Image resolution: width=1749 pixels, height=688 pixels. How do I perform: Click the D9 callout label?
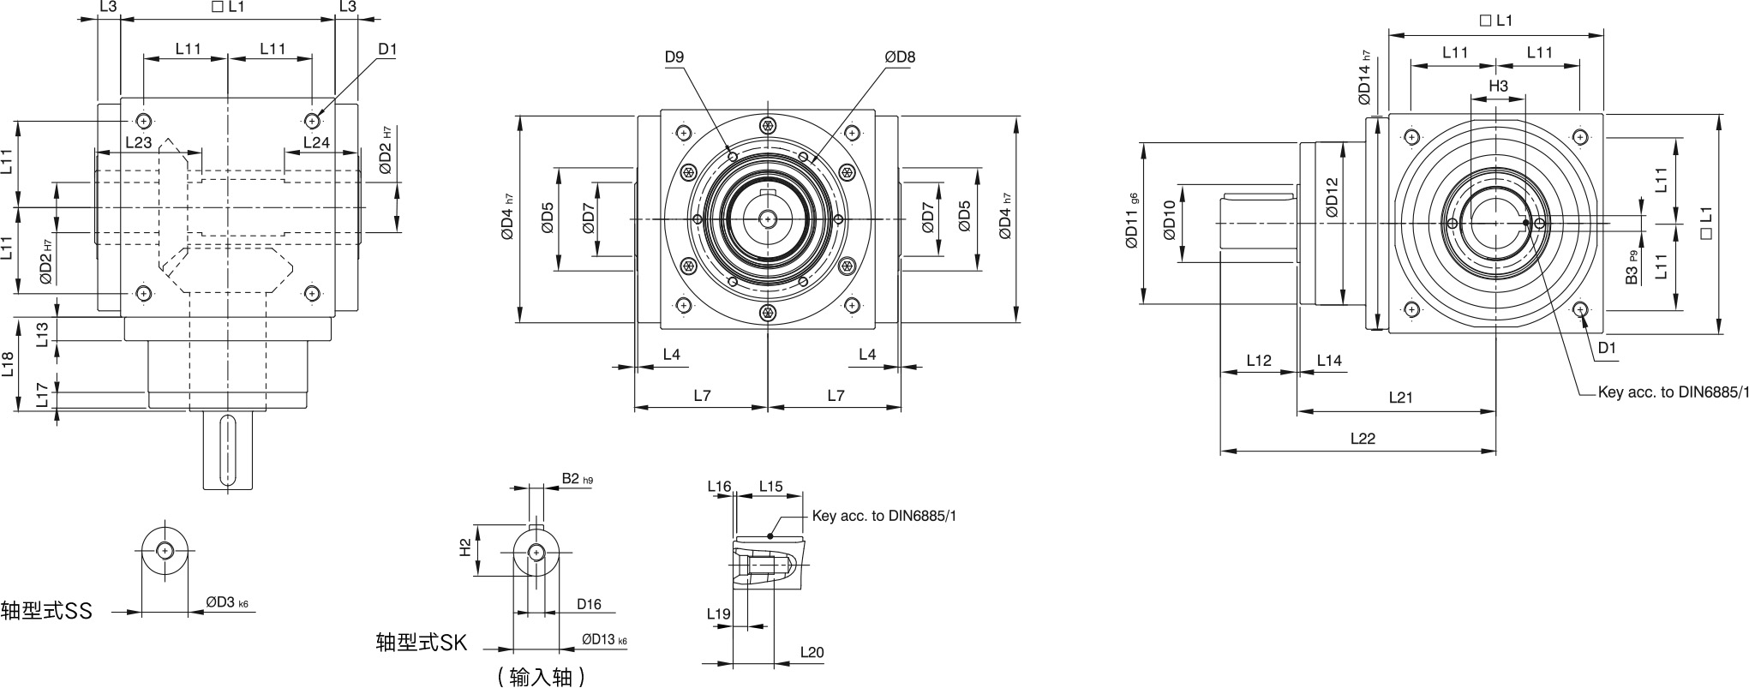click(x=674, y=57)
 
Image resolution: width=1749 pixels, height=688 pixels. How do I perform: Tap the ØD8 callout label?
click(x=900, y=57)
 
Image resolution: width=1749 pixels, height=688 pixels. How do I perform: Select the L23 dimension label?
click(x=138, y=142)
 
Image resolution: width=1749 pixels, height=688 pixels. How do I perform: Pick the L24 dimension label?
click(x=316, y=142)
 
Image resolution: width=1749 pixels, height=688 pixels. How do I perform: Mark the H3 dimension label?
click(x=1498, y=87)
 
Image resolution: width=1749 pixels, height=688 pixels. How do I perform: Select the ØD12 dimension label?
click(x=1330, y=197)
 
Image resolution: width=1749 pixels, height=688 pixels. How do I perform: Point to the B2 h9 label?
click(x=577, y=479)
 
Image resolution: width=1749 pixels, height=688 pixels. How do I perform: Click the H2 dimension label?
click(x=465, y=547)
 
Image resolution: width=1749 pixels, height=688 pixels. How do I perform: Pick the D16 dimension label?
click(x=589, y=605)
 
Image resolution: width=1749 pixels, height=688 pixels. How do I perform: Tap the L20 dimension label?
click(x=812, y=653)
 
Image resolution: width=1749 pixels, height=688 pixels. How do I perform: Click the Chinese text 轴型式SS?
click(x=46, y=611)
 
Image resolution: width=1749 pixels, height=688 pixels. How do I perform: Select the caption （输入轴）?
click(x=541, y=677)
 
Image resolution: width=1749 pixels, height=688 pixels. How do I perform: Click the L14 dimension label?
click(x=1328, y=361)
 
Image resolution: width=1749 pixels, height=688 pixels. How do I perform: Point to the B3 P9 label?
click(x=1632, y=267)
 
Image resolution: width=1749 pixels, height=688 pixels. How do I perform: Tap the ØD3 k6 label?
click(x=227, y=603)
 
